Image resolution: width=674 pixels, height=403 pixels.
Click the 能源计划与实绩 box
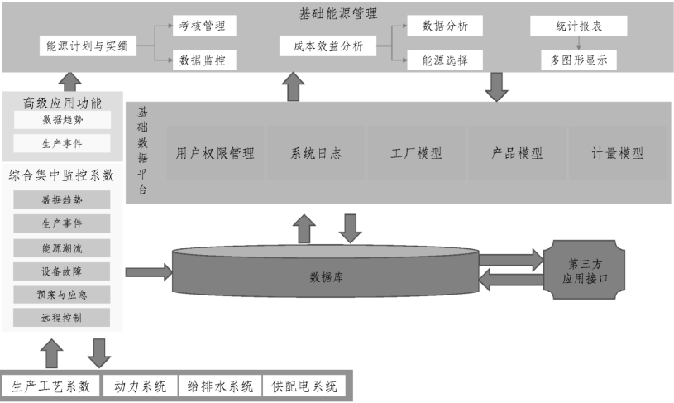click(x=87, y=47)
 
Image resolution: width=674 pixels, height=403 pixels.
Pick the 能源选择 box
click(x=445, y=60)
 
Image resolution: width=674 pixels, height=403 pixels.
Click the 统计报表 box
click(x=578, y=26)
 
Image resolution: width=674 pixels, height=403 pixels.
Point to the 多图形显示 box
click(x=578, y=60)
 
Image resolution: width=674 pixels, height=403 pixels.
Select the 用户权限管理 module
click(x=214, y=153)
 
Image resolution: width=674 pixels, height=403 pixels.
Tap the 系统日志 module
click(x=316, y=153)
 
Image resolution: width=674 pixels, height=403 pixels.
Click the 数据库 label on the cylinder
click(x=327, y=277)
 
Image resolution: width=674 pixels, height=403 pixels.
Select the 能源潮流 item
click(x=62, y=247)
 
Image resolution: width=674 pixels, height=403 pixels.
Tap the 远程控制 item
click(x=62, y=317)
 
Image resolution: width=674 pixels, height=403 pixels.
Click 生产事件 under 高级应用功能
click(x=62, y=143)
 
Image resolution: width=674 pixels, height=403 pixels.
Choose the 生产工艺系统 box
click(x=51, y=386)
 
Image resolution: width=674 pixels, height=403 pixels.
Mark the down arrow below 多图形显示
click(x=496, y=86)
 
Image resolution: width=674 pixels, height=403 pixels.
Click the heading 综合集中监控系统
click(x=61, y=175)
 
